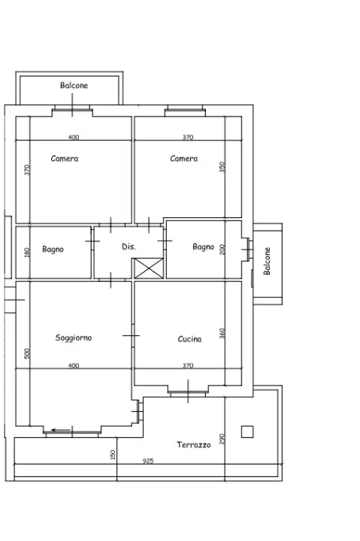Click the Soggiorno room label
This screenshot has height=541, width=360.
[74, 338]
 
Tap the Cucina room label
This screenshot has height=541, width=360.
[189, 339]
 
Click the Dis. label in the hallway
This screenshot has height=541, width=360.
[129, 246]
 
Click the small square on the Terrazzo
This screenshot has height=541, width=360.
[247, 431]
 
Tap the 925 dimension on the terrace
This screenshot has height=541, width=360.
[147, 461]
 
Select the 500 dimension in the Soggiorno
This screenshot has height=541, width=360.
[26, 353]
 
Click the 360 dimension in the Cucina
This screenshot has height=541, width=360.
[222, 334]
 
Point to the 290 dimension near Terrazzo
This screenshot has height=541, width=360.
[222, 438]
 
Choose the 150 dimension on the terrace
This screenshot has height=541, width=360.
[113, 455]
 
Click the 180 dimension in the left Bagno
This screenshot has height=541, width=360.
[26, 252]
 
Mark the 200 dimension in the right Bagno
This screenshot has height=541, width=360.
[222, 249]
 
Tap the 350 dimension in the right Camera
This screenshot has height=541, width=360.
[222, 167]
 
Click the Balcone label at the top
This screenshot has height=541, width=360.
[74, 86]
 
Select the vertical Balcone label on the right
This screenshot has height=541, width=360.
[267, 261]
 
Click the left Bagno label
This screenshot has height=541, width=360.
[53, 249]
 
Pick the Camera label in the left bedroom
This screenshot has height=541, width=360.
[65, 159]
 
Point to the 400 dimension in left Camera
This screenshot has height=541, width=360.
[73, 138]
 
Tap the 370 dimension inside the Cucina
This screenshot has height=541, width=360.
[188, 366]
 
